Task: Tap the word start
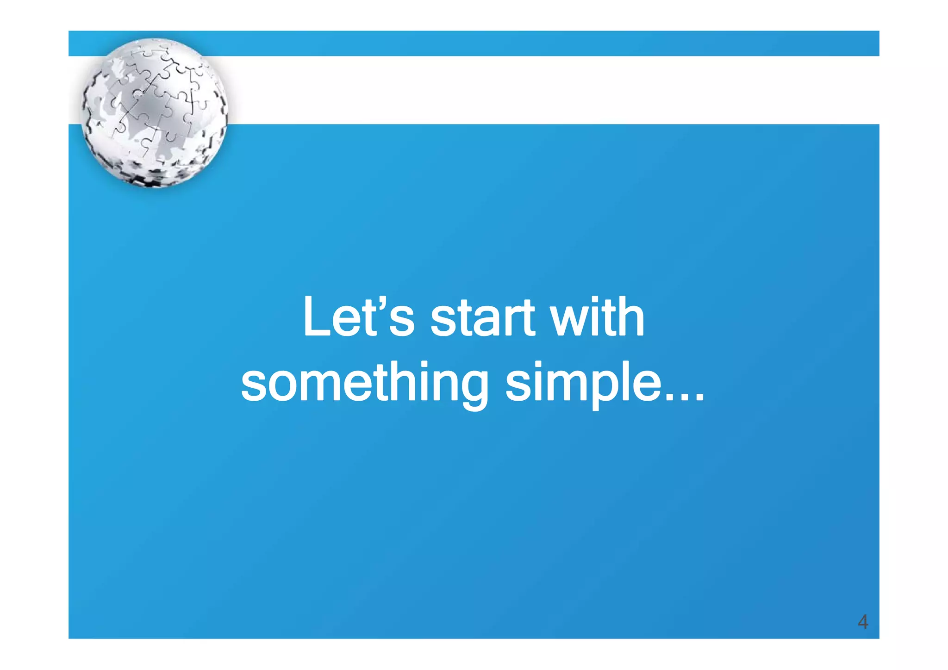pos(483,318)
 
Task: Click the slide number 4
pos(862,621)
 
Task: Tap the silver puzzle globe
pos(154,112)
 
